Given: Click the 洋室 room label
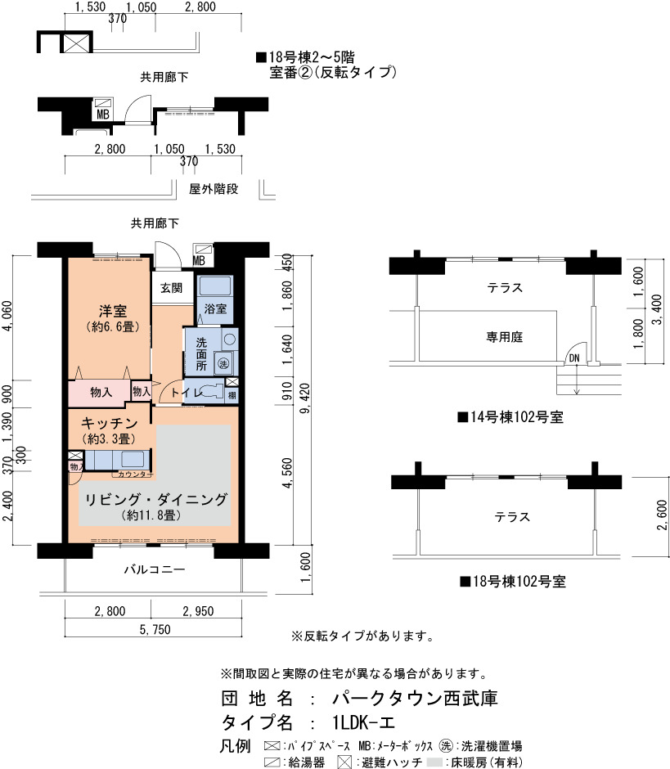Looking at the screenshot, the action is (x=113, y=311).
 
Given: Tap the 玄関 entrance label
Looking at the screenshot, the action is (x=171, y=288).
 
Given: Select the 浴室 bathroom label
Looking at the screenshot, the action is (x=215, y=308).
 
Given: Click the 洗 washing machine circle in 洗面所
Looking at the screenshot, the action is (x=223, y=363).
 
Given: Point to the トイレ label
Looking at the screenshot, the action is (x=187, y=393).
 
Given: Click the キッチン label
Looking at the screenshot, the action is (x=110, y=423).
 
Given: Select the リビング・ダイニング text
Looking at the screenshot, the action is (x=156, y=499).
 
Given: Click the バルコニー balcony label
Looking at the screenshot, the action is (x=155, y=569).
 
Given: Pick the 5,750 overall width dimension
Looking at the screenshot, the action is (x=155, y=629).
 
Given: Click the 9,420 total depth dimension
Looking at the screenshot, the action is (x=305, y=398).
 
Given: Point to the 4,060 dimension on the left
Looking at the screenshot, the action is (x=7, y=316).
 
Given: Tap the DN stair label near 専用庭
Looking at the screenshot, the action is (x=574, y=358).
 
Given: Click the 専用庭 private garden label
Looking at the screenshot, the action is (x=504, y=337).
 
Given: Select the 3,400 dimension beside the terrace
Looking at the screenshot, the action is (x=658, y=309).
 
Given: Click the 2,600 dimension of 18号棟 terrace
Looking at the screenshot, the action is (x=662, y=515).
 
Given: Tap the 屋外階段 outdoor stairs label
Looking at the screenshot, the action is (x=214, y=189).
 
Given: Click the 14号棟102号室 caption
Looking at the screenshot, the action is (x=510, y=417).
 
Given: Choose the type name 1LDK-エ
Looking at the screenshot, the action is (x=363, y=722).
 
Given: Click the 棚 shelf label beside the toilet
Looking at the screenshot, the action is (x=232, y=395).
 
